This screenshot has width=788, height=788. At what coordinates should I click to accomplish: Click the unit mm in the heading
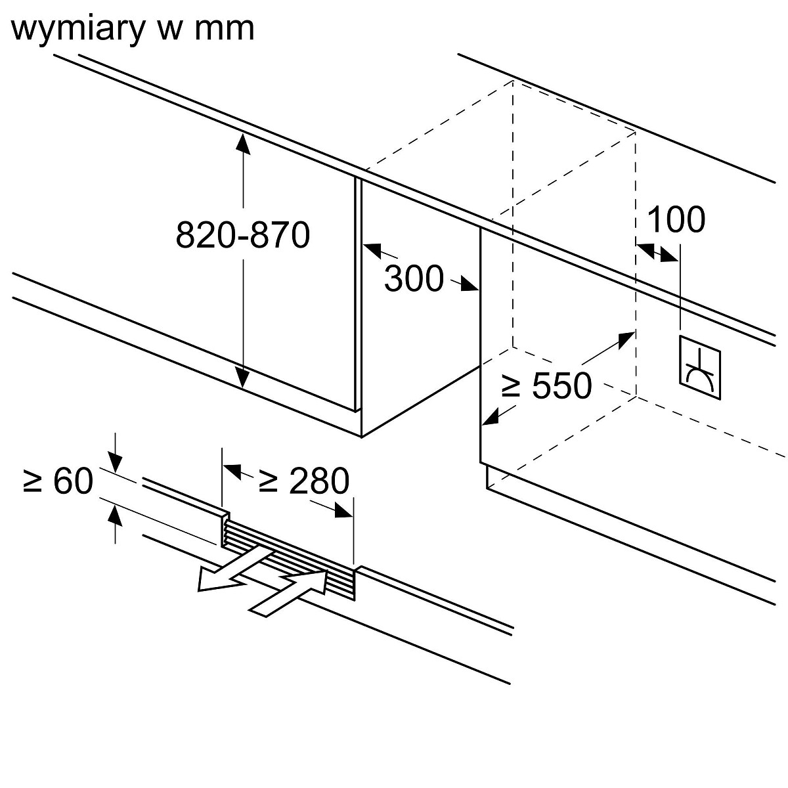click(223, 29)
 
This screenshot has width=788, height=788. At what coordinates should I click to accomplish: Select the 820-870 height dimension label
click(242, 234)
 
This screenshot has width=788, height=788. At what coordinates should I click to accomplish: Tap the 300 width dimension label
click(414, 278)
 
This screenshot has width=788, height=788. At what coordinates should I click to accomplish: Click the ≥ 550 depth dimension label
click(546, 385)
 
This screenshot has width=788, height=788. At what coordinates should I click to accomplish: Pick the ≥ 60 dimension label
click(58, 481)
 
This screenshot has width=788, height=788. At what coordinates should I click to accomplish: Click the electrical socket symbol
click(699, 366)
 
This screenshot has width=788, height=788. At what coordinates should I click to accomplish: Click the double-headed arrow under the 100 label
click(657, 253)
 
